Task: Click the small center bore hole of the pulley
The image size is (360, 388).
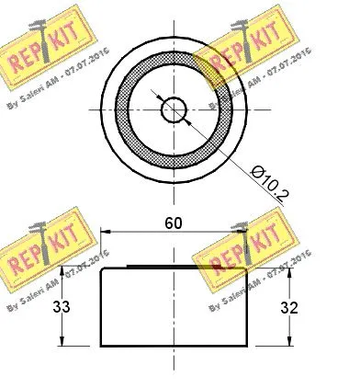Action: [173, 110]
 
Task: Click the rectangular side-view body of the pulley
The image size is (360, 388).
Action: [173, 309]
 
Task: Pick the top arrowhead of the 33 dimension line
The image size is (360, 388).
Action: [63, 269]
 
